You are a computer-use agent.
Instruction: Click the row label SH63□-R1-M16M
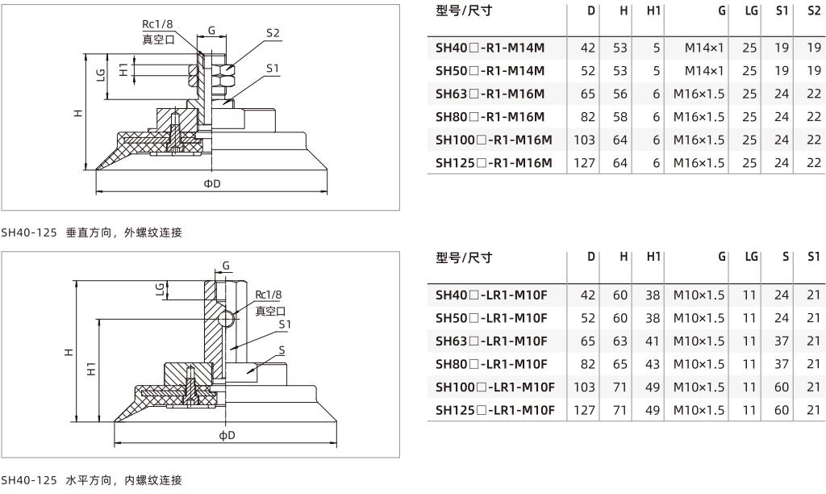(490, 94)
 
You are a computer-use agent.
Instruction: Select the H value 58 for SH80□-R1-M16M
(620, 117)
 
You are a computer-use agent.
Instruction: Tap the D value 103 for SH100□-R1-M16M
(584, 140)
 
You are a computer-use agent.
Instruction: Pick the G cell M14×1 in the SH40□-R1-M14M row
(704, 48)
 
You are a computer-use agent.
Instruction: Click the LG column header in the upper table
(751, 10)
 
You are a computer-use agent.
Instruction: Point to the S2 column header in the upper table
(814, 10)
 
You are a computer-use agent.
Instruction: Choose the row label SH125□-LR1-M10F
(495, 410)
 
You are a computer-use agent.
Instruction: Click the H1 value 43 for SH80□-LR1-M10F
(653, 364)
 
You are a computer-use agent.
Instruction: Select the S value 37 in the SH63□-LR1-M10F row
(782, 341)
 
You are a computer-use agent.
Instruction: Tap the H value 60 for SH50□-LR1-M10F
(620, 319)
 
